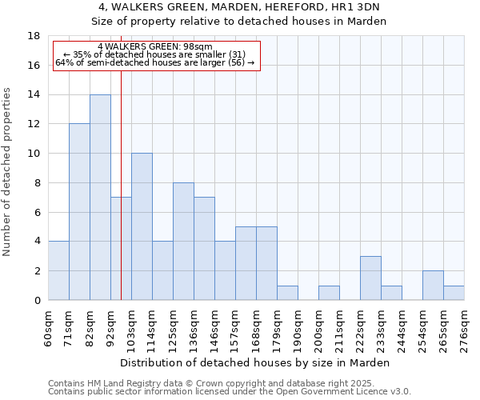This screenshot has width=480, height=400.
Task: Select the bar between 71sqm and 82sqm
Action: pos(79,212)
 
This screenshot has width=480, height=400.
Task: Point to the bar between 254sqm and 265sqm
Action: pos(433,286)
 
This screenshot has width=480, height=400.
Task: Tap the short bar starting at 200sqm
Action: pos(329,293)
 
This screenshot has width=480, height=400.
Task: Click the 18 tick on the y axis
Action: pos(34,36)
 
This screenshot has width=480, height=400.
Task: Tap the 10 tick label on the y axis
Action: pos(34,154)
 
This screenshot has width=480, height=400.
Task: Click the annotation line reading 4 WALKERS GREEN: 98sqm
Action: pos(155,47)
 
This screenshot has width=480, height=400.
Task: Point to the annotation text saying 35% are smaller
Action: pos(155,54)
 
